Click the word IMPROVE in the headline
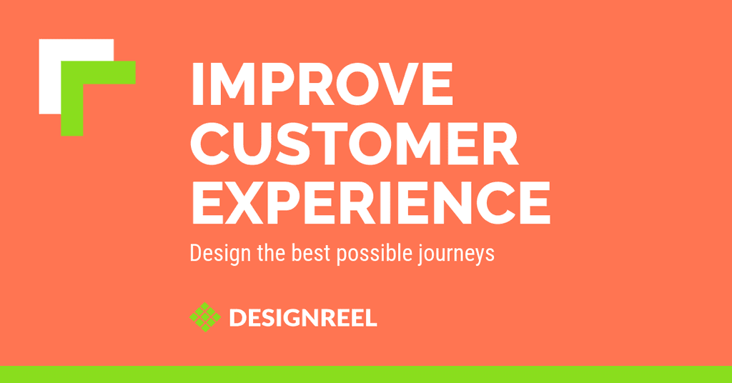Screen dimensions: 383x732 [x=322, y=85]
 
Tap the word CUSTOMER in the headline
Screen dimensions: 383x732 [x=356, y=144]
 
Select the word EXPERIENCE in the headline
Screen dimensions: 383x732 [x=370, y=203]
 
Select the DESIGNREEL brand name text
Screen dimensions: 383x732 [x=303, y=317]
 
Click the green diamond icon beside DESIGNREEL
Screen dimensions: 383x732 [x=205, y=317]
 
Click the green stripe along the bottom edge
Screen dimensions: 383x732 [x=366, y=374]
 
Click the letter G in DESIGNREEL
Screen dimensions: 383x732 [x=292, y=317]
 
